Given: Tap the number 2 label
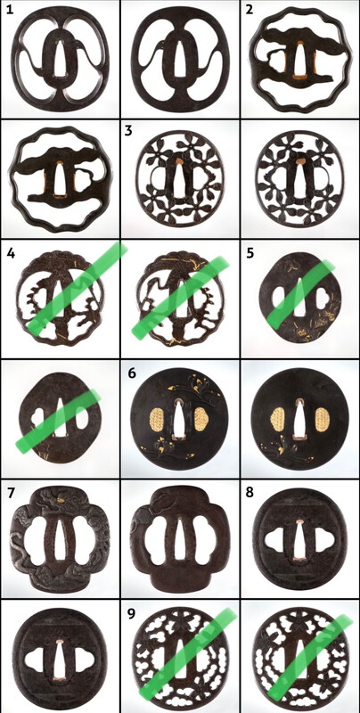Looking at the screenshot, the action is tap(250, 10).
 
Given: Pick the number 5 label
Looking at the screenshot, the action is tap(250, 252).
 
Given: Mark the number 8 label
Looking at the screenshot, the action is tap(250, 493).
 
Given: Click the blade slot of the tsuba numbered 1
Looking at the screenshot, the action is tap(60, 59).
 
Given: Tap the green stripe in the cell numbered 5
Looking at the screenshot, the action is tap(300, 294).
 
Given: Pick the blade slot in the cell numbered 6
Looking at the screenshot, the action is tap(180, 419).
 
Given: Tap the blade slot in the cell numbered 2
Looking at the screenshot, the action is tap(299, 58).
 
